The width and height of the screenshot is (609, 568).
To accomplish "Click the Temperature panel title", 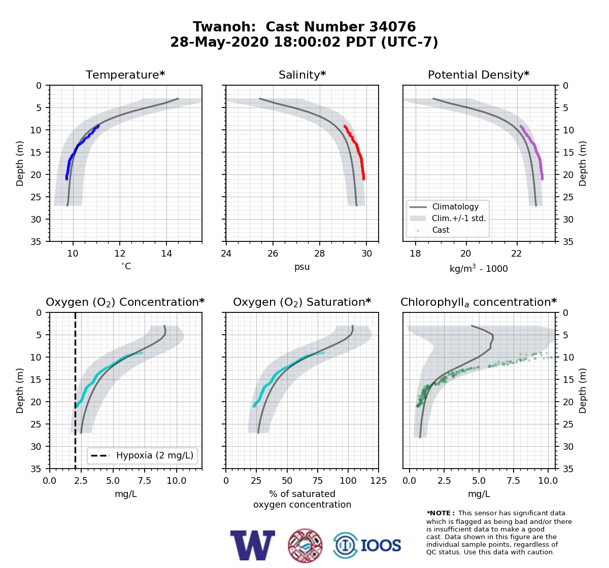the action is tap(125, 75).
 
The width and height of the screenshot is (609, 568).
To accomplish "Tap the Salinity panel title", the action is tap(302, 75).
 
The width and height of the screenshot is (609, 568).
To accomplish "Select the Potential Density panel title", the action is tap(479, 75).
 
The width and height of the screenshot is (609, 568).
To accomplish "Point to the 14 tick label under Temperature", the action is tap(166, 254).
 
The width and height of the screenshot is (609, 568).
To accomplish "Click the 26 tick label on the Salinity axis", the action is tap(273, 254).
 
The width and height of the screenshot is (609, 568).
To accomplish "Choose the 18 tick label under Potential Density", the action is tap(415, 254).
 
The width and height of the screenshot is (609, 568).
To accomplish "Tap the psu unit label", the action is tap(302, 267).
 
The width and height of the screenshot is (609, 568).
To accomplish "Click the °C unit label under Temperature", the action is tap(126, 266).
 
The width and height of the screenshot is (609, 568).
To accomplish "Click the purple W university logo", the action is tap(253, 545).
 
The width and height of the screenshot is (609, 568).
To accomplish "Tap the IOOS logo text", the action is tap(381, 545).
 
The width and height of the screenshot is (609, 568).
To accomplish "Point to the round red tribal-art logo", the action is tap(305, 546).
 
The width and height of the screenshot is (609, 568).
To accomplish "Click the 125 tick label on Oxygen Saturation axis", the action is tap(379, 481).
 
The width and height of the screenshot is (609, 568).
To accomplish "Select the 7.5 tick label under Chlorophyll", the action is tap(513, 481).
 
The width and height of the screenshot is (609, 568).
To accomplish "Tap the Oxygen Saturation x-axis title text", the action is tap(302, 500).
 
